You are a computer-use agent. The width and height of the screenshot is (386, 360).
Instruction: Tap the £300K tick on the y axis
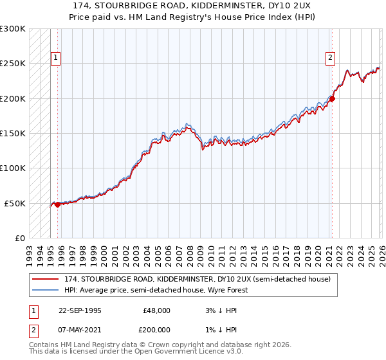13,29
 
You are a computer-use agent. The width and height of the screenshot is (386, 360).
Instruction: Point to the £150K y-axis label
13,134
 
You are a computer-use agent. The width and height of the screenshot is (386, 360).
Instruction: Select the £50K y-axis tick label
15,203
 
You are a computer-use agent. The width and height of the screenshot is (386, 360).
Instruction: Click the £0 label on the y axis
20,238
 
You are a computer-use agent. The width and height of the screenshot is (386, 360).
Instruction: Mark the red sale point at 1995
58,204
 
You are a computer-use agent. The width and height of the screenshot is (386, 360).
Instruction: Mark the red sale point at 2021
332,98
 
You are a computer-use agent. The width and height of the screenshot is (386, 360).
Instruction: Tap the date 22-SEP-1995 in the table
80,310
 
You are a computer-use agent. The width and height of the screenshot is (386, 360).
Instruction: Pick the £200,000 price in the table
156,329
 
